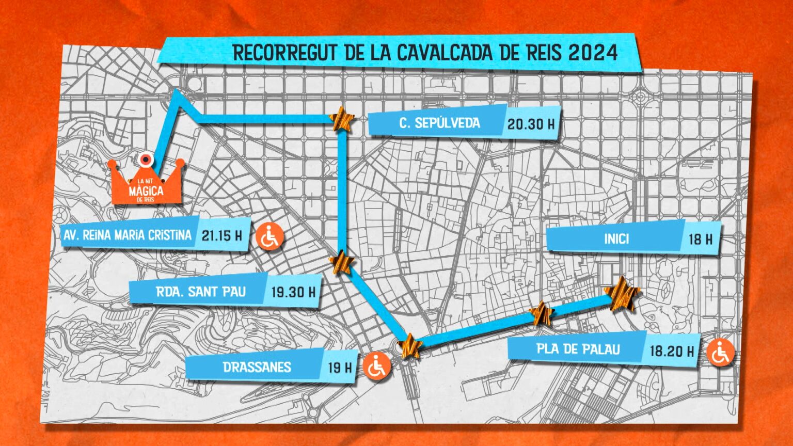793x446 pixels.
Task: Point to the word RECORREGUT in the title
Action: tap(281, 53)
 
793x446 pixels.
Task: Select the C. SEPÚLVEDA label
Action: tap(439, 123)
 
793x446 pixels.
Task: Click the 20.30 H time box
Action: tap(531, 124)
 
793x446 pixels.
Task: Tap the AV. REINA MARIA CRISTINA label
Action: tap(127, 235)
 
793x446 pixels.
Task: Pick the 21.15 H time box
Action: tap(222, 236)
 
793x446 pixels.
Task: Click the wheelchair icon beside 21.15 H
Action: tap(269, 237)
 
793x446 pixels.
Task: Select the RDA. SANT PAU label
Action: tap(201, 292)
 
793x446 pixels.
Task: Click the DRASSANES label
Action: tap(257, 367)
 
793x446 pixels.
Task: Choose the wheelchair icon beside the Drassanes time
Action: tap(377, 367)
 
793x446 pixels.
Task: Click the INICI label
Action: tap(616, 238)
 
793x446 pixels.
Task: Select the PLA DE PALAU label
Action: tap(578, 349)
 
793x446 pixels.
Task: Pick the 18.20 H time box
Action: tap(671, 351)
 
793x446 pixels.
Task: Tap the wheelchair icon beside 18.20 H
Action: tap(720, 354)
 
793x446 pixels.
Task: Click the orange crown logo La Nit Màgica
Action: tap(147, 183)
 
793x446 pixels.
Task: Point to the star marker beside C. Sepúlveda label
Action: tap(341, 121)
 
